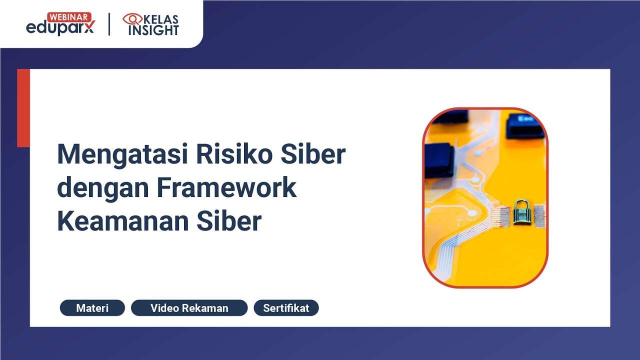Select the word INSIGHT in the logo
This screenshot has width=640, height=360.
tap(153, 30)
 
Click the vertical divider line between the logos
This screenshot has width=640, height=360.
tap(109, 24)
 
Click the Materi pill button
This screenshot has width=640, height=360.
tap(92, 308)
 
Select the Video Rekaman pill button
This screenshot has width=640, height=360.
tap(189, 308)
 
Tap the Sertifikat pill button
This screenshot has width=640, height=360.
tap(286, 308)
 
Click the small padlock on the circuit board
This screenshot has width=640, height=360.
tap(521, 212)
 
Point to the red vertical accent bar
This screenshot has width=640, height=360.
tap(23, 108)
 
